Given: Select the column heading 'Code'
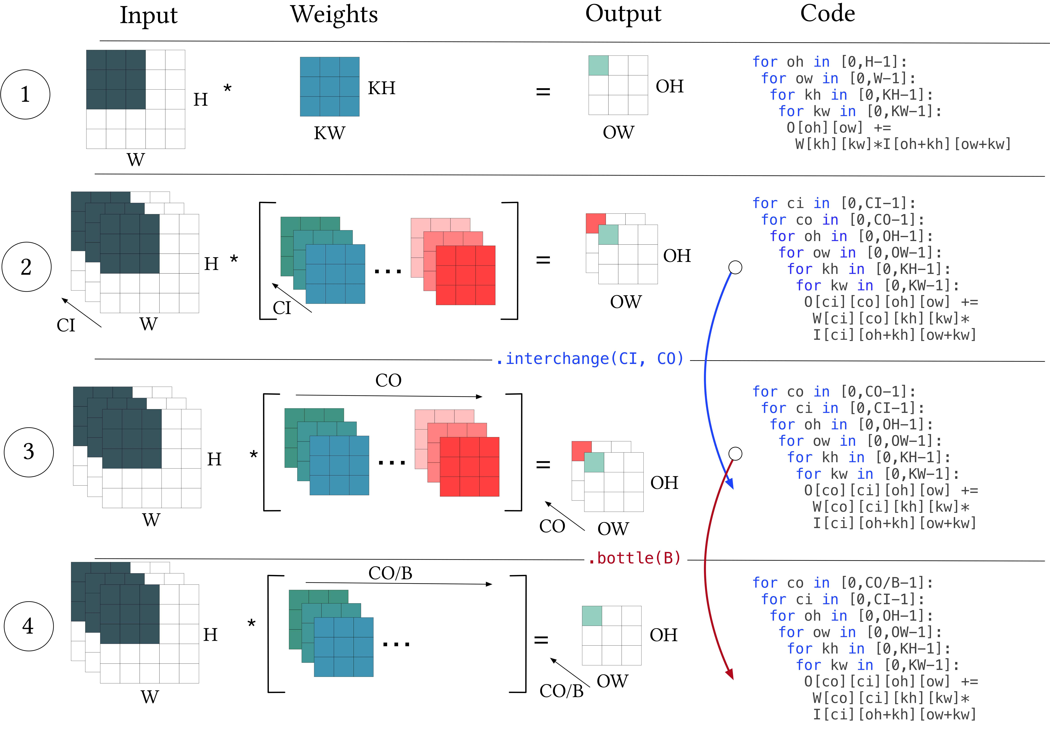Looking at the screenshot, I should point(827,13).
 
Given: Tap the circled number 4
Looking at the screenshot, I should point(28,626).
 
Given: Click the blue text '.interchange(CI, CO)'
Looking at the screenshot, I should point(590,359).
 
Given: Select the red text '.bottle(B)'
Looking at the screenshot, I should point(634,558).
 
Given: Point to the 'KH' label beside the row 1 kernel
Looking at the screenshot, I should point(381,88).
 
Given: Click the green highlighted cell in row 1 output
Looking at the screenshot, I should point(598,65).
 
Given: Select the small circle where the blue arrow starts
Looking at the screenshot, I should point(735,267).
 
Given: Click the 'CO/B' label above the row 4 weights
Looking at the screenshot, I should point(390,573).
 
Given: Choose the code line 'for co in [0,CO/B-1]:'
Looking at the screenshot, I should point(842,583).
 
